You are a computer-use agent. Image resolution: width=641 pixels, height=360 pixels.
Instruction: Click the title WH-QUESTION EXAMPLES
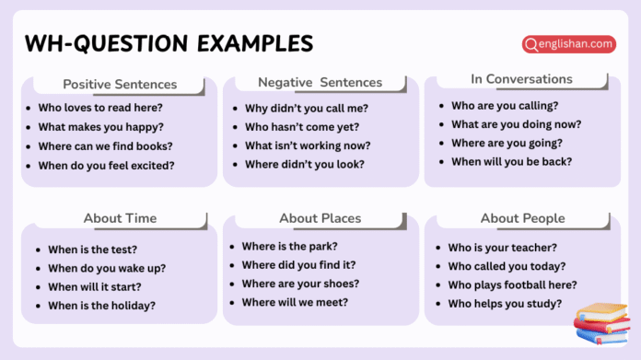pos(169,43)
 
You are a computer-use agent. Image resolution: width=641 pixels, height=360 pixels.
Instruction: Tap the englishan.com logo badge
pos(568,42)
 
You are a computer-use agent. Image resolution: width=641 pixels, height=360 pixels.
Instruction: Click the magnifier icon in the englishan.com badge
pos(531,43)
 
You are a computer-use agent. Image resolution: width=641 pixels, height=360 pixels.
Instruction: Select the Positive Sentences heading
pos(120,84)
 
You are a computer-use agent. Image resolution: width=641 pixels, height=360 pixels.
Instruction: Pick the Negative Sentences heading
pos(320,82)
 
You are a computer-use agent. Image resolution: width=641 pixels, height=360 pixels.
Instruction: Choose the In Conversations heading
pos(521,78)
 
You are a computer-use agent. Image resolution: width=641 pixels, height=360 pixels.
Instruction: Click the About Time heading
pos(120,218)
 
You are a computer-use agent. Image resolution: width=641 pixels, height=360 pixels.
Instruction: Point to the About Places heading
pos(320,218)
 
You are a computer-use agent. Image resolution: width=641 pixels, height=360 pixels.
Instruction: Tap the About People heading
pos(521,218)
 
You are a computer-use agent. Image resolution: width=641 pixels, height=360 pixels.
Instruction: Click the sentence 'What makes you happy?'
pos(100,126)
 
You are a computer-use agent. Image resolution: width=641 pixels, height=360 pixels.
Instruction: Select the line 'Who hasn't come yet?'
pos(302,126)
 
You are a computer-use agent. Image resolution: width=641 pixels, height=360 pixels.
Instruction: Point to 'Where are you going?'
pos(507,142)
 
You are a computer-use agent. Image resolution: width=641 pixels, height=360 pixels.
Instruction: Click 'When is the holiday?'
pos(101,306)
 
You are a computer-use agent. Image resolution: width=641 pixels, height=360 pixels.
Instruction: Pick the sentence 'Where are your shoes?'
pos(300,284)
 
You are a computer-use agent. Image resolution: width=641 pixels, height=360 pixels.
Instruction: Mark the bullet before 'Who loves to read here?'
pos(29,108)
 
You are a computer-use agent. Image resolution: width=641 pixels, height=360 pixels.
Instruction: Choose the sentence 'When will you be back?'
pos(511,161)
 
